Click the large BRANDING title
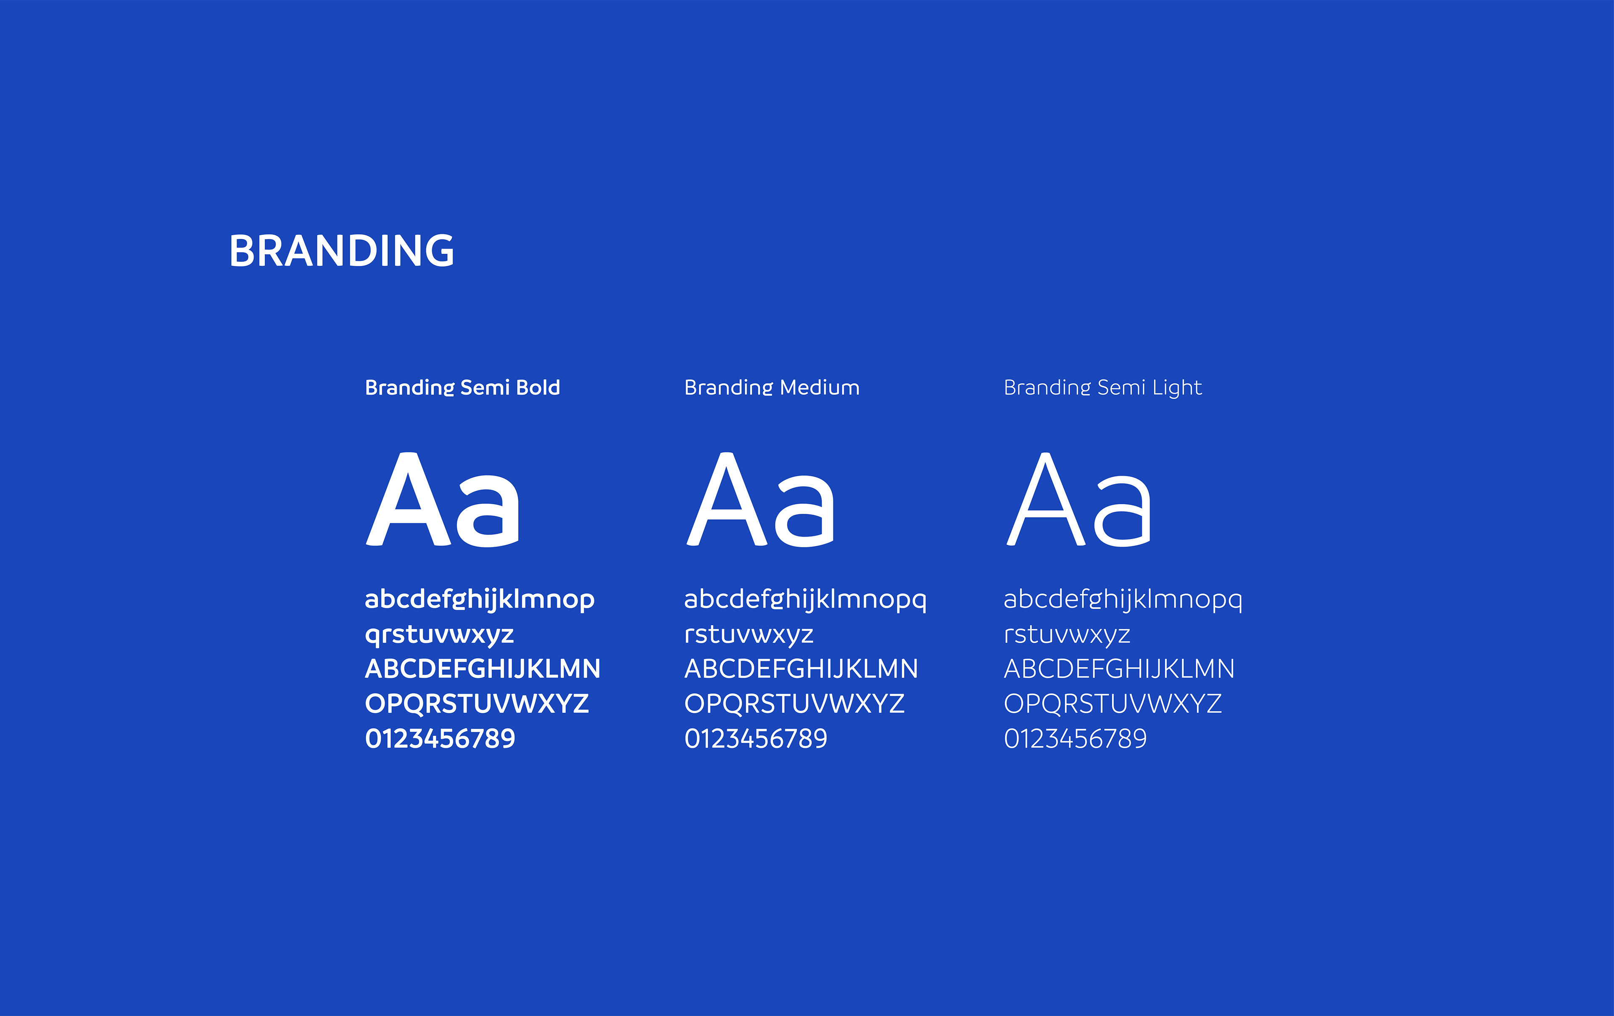coord(342,251)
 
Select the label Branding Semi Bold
coord(462,387)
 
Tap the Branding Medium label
coord(771,387)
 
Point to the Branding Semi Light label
coord(1102,387)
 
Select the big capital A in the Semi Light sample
coord(1046,499)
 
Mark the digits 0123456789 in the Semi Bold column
coord(440,739)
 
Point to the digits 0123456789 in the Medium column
coord(756,739)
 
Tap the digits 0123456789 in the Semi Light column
coord(1075,739)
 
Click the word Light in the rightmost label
coord(1177,388)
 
